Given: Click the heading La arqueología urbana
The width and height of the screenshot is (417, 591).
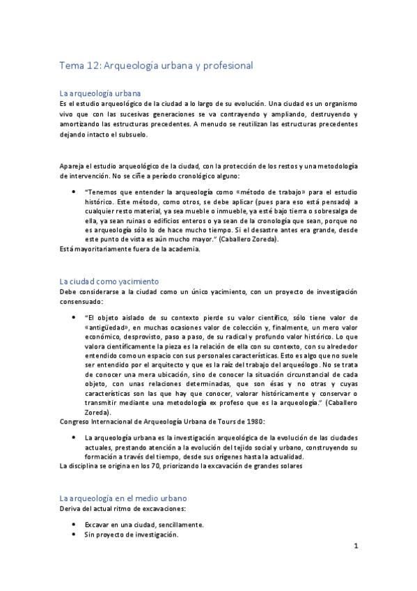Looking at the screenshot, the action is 100,93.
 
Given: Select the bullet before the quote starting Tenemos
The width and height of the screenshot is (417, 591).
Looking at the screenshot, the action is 74,192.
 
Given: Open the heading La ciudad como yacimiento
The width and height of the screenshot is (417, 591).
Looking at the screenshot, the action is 109,281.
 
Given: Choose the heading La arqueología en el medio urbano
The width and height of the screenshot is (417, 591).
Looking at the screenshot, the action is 123,498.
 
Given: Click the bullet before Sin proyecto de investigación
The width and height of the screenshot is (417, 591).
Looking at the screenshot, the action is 74,535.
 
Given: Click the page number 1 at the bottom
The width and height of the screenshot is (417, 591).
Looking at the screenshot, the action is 356,547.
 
